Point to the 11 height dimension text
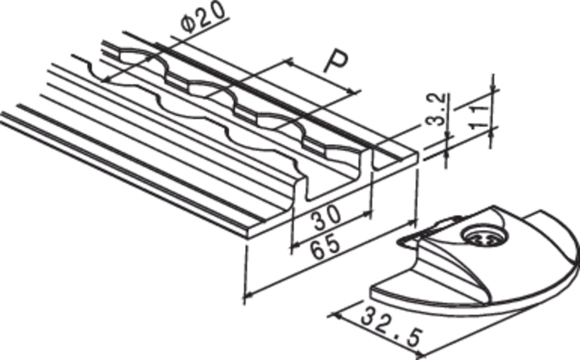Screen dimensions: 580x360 pyautogui.click(x=480, y=116)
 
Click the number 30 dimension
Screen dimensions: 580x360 pyautogui.click(x=326, y=217)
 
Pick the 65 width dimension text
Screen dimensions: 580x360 pyautogui.click(x=325, y=247)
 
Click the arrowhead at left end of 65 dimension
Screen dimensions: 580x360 pyautogui.click(x=247, y=295)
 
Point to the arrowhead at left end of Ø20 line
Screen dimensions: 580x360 pyautogui.click(x=106, y=79)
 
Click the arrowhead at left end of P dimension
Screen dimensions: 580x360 pyautogui.click(x=290, y=63)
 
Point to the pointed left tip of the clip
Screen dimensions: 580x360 pyautogui.click(x=399, y=243)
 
